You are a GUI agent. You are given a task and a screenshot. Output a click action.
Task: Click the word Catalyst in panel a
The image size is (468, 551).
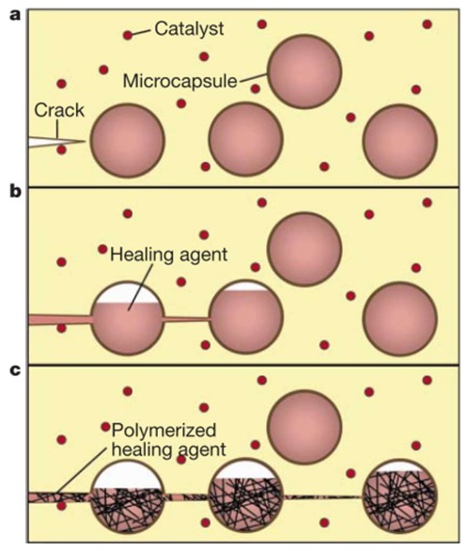point(189,29)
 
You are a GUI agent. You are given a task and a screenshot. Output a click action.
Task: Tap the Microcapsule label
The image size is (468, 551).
point(180,81)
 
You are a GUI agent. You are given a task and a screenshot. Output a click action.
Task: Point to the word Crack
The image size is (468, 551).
point(59,110)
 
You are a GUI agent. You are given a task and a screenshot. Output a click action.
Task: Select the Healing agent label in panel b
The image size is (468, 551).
point(169,255)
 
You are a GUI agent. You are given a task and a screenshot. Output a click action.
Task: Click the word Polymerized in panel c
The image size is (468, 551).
point(164,431)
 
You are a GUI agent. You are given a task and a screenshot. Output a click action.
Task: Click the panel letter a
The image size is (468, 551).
point(16,15)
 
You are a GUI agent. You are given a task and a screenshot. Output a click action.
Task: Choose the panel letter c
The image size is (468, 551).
point(15,370)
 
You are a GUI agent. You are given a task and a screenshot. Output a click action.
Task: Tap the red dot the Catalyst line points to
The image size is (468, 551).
point(128,35)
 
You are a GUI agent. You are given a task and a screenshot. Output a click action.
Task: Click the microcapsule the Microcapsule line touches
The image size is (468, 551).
point(304,71)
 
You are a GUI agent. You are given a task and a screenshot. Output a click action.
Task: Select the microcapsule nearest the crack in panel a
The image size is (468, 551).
point(128,140)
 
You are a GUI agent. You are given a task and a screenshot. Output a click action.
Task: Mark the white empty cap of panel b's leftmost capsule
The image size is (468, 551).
point(128,293)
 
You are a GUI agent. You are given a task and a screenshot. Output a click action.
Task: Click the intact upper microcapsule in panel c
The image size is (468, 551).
point(304,427)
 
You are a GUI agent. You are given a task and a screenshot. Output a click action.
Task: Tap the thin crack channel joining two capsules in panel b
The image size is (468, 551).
point(187,319)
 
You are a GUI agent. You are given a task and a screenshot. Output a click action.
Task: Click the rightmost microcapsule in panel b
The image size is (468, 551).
point(400,319)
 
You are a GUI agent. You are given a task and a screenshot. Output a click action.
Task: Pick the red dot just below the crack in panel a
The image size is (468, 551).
point(61,150)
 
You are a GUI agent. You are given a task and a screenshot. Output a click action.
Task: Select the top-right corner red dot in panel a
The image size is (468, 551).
point(427,24)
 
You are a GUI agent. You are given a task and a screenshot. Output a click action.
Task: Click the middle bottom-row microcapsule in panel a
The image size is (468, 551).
point(246,139)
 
